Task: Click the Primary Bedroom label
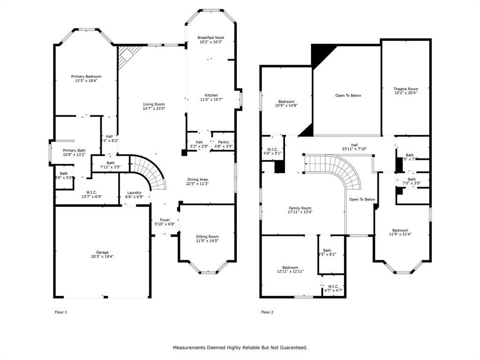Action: (86, 76)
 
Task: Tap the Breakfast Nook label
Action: (210, 37)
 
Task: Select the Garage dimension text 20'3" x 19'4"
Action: (102, 256)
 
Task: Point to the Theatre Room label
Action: (405, 89)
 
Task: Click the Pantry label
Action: (223, 142)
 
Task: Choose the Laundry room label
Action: (135, 193)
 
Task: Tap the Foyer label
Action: (165, 220)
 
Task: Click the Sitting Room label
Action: (207, 237)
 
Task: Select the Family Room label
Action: (300, 208)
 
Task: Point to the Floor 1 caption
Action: (61, 312)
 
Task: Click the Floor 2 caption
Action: (267, 312)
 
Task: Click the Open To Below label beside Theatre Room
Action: (348, 96)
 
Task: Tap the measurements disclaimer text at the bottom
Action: (240, 348)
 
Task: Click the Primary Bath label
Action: (74, 150)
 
